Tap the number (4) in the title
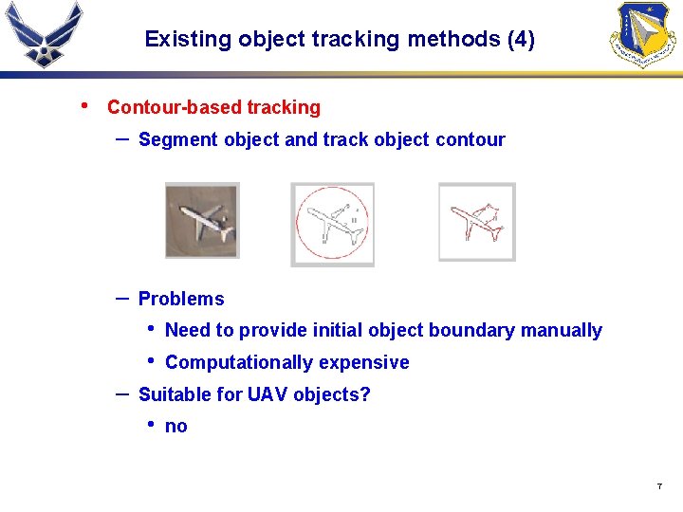(521, 40)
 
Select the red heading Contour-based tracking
(213, 108)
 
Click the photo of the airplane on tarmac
(202, 221)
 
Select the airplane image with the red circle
(332, 225)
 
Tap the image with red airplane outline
(476, 222)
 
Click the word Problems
(181, 300)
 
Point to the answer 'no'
(176, 427)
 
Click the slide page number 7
(658, 486)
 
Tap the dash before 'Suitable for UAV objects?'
(121, 393)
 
